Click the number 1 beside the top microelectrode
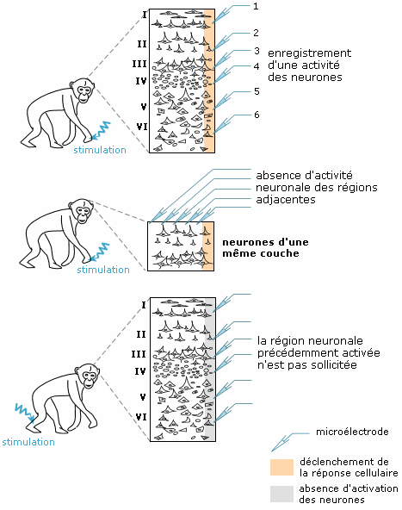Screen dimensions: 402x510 pos(256,7)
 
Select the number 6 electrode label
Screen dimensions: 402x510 pos(257,115)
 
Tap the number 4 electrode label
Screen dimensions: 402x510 pos(257,66)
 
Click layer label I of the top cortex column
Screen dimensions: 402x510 pos(145,15)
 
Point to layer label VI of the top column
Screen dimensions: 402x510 pos(142,127)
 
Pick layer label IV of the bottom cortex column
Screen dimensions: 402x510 pos(140,371)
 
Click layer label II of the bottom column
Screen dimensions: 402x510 pos(140,334)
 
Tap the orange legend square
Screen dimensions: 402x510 pos(281,467)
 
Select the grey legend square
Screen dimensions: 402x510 pos(281,494)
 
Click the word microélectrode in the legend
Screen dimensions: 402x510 pos(352,432)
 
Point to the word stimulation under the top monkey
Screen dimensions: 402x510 pos(100,150)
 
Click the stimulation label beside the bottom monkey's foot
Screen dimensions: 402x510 pos(28,442)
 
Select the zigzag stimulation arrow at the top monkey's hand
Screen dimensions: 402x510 pos(101,131)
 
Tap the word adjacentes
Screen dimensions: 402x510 pos(286,199)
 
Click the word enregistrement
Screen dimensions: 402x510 pos(309,53)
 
